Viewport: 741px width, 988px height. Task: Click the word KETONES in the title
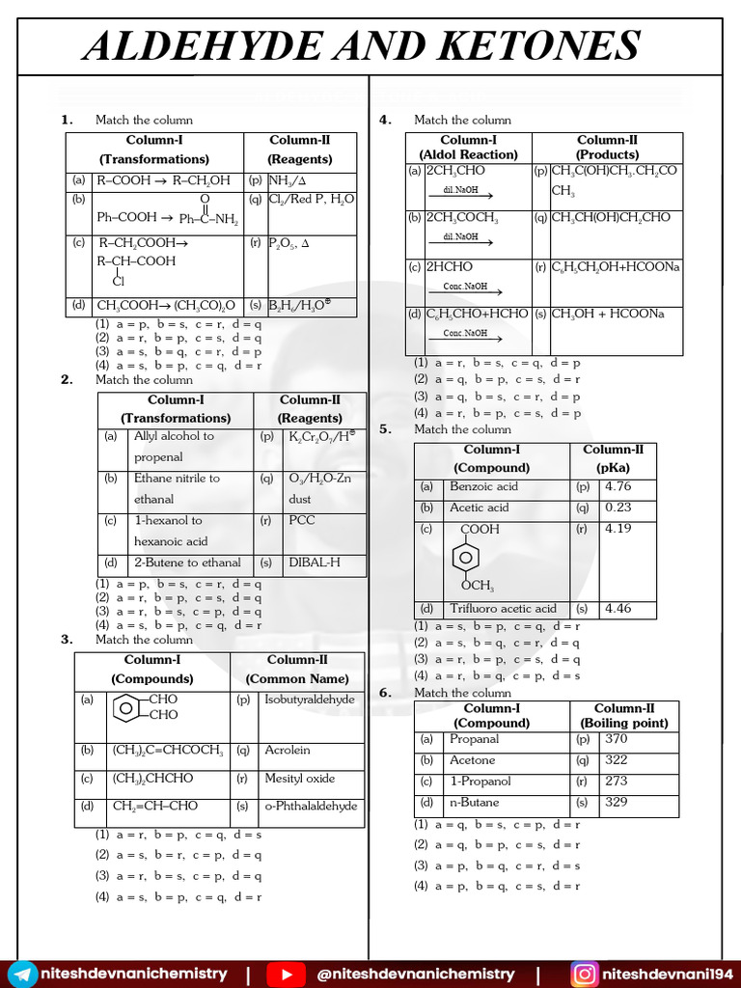[528, 45]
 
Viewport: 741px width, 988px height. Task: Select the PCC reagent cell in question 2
[301, 520]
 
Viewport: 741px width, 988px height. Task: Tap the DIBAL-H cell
[314, 563]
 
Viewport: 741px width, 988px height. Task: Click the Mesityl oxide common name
[299, 778]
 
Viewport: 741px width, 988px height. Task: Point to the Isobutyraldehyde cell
[309, 700]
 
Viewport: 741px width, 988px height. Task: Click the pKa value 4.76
[617, 486]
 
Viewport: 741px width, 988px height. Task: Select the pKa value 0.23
[617, 508]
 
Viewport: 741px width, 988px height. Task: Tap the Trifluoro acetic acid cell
[503, 609]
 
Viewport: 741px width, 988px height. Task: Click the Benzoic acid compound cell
[483, 486]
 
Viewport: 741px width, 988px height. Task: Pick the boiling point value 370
[616, 739]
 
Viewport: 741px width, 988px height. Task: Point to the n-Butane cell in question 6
[474, 802]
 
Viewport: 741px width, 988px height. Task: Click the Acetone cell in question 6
[472, 760]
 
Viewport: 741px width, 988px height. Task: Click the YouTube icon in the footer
[285, 974]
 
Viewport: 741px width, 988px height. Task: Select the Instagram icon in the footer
[584, 974]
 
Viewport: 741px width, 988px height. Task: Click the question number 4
[385, 120]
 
